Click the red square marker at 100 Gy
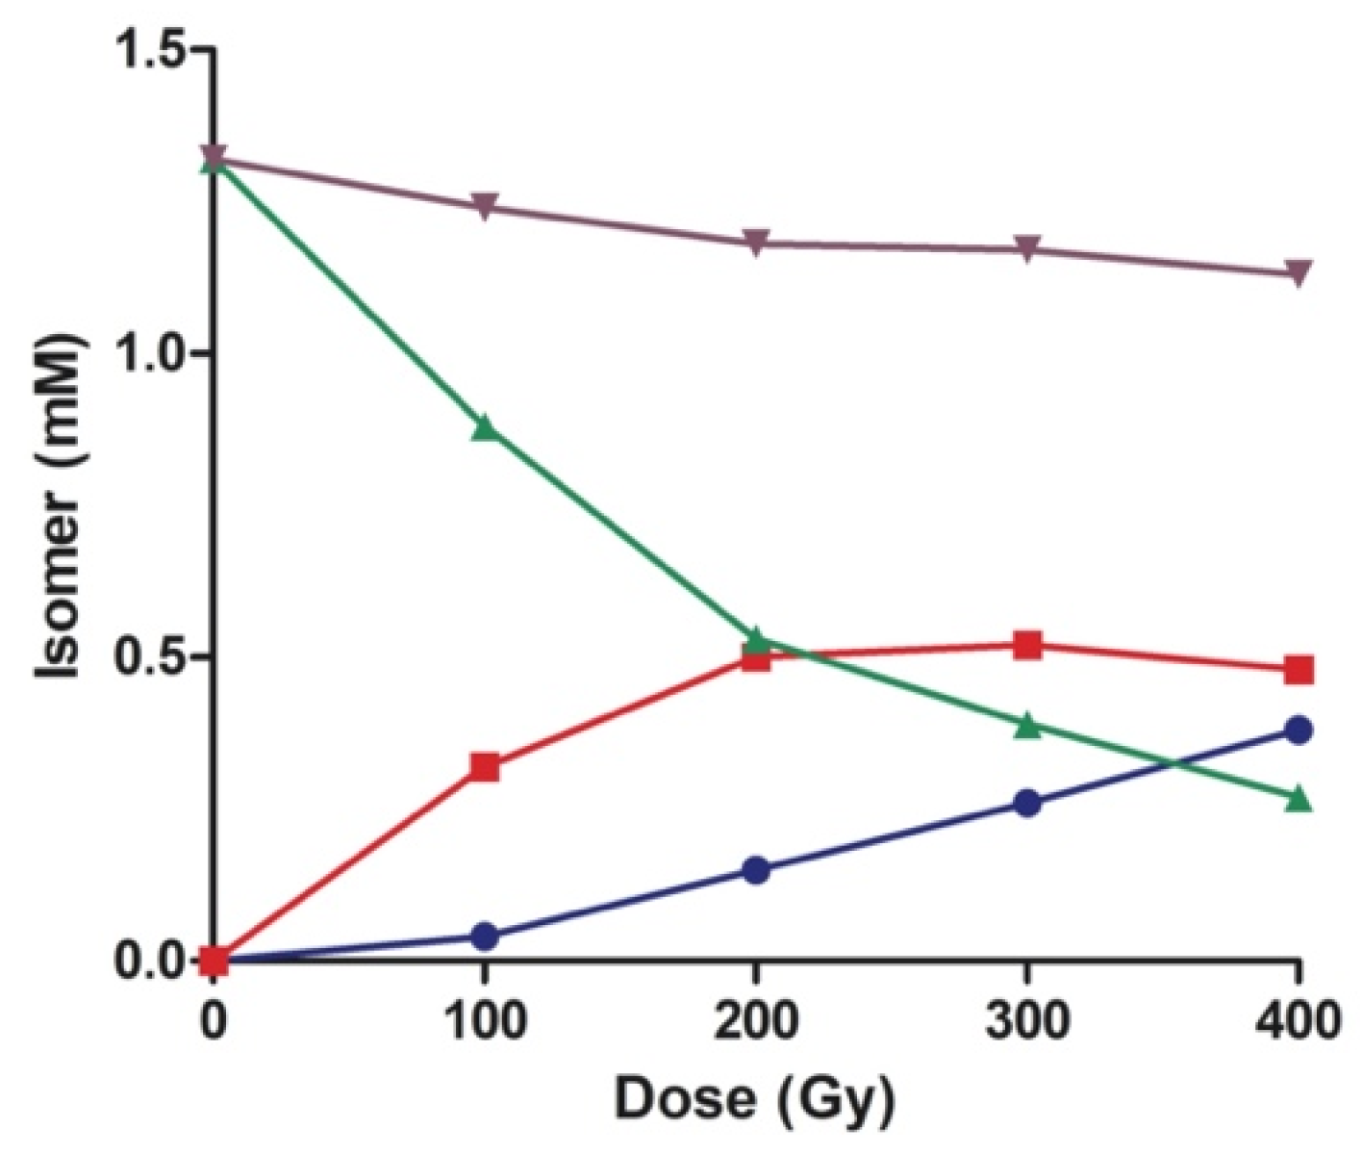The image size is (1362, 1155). [x=485, y=767]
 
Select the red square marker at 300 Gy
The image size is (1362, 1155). [x=1027, y=645]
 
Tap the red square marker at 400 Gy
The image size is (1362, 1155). [x=1299, y=669]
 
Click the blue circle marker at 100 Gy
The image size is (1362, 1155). [x=485, y=936]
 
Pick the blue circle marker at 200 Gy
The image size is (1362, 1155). [x=756, y=870]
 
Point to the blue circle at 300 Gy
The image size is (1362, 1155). [x=1027, y=803]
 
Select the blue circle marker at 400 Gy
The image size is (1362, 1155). [x=1299, y=730]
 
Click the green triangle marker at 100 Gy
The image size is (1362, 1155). [x=485, y=428]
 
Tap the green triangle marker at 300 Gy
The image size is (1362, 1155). [x=1027, y=726]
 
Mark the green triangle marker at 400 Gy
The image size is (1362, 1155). [x=1299, y=798]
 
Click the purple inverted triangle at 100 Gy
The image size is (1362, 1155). [x=485, y=206]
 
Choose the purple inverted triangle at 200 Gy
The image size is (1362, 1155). [x=756, y=243]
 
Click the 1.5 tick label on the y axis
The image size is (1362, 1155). [x=151, y=50]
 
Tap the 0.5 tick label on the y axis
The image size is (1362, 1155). [x=151, y=657]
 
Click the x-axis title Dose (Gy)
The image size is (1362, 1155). [x=755, y=1099]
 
